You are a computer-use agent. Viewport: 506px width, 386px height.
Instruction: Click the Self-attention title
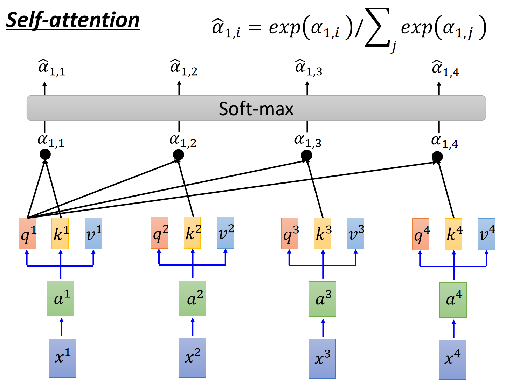[x=72, y=21]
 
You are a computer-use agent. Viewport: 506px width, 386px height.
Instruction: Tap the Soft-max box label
[x=256, y=109]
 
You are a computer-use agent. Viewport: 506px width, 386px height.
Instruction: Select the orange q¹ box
[x=27, y=233]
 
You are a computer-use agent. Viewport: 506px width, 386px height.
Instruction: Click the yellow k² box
[x=192, y=233]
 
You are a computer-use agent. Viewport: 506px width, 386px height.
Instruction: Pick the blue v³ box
[x=355, y=233]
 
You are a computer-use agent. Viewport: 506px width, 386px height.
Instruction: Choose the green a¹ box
[x=60, y=298]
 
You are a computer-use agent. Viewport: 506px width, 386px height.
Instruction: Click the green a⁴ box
[x=453, y=300]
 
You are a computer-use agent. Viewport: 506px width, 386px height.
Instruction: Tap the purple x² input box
[x=193, y=358]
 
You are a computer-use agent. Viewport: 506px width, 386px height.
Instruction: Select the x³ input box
[x=322, y=359]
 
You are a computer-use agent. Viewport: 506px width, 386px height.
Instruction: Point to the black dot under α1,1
[x=45, y=154]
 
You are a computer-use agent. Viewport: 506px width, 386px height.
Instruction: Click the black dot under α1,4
[x=437, y=157]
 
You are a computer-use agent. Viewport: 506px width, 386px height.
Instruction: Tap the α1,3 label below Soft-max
[x=308, y=141]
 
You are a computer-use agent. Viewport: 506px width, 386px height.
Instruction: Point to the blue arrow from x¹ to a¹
[x=61, y=327]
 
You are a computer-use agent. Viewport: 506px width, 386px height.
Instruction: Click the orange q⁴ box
[x=421, y=234]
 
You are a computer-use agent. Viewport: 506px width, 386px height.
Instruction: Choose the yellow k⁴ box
[x=453, y=234]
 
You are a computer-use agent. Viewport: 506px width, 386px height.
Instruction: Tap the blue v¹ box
[x=93, y=233]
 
